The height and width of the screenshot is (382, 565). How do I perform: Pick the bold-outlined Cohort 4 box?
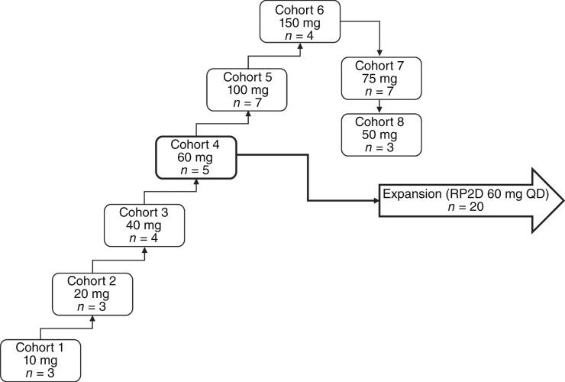click(x=196, y=158)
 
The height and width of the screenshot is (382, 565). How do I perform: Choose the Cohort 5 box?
click(x=248, y=90)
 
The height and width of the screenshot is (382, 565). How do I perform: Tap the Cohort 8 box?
click(x=381, y=134)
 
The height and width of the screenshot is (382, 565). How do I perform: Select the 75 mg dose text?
click(x=381, y=79)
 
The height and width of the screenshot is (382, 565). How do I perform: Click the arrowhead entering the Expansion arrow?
click(x=376, y=202)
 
